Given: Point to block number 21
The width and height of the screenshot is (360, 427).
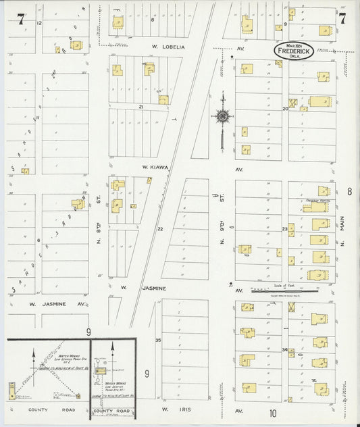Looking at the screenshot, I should (x=141, y=107).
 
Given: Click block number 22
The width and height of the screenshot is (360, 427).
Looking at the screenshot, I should (x=160, y=229).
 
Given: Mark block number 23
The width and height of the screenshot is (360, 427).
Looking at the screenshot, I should (x=285, y=229).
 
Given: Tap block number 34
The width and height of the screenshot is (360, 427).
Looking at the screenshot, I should (x=285, y=349).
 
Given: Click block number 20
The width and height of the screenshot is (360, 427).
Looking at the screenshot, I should (x=285, y=108).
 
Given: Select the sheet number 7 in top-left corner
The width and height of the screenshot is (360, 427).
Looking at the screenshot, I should (x=21, y=19).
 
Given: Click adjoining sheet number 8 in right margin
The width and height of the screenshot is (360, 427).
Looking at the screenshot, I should (x=349, y=192).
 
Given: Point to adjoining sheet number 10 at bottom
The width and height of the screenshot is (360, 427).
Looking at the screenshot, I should (x=273, y=413).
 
